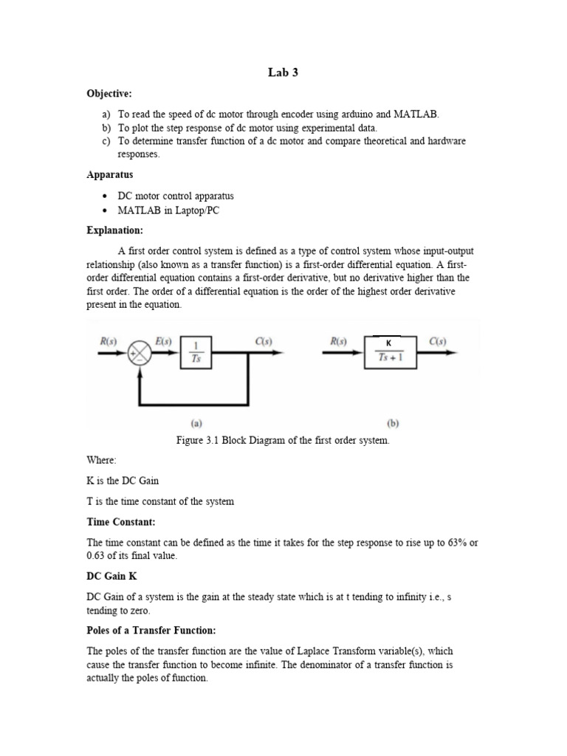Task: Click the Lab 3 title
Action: click(x=283, y=72)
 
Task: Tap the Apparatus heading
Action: click(x=110, y=176)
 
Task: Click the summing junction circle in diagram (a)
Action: click(x=140, y=354)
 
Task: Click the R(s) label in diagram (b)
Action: click(x=339, y=341)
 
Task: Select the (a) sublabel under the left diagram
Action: click(x=197, y=424)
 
